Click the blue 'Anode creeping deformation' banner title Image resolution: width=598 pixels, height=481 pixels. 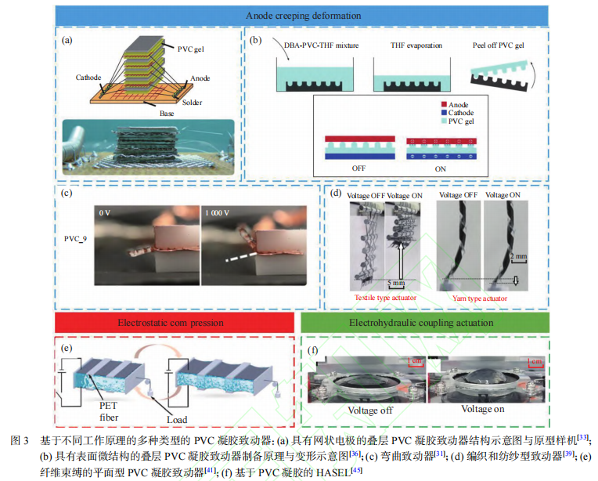(x=303, y=16)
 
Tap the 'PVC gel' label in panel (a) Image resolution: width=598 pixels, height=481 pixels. (x=191, y=49)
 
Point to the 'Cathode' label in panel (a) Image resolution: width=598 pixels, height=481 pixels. (x=88, y=78)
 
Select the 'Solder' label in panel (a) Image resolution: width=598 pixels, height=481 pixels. (x=192, y=103)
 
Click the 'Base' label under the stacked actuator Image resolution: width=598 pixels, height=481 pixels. (x=167, y=114)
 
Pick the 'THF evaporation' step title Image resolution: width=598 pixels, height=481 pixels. (x=416, y=45)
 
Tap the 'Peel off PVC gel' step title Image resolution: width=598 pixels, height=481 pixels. (x=498, y=45)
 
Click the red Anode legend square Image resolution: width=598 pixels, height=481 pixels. (x=444, y=104)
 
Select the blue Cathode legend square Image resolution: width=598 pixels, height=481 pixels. (x=444, y=113)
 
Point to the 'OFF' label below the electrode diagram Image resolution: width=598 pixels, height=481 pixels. (x=358, y=168)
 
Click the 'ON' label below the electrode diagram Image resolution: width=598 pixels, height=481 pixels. (x=440, y=168)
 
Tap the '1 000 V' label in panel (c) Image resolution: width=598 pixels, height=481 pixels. (x=217, y=213)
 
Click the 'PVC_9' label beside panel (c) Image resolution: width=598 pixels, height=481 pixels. (x=75, y=239)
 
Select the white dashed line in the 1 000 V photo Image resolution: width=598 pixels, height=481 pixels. (x=241, y=256)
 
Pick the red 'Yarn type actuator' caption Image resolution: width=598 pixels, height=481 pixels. (x=479, y=298)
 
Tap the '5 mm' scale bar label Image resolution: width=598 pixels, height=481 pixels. (x=396, y=283)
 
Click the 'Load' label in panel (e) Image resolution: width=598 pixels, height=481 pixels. (x=177, y=420)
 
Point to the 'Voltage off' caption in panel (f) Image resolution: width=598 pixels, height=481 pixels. (x=370, y=410)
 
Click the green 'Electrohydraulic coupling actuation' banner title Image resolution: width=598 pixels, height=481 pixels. (x=421, y=323)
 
